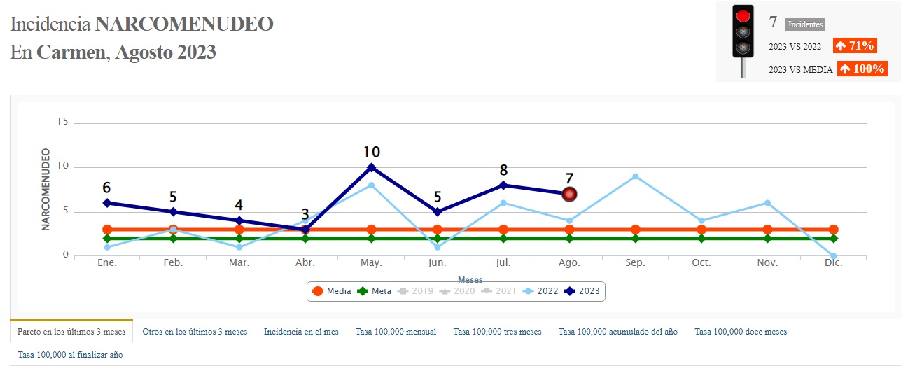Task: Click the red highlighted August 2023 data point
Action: coord(569,194)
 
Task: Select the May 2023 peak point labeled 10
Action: coord(371,167)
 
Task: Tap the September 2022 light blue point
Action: coord(635,176)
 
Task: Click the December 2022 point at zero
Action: coord(833,256)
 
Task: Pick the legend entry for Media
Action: coord(331,291)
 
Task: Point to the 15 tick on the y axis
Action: coord(62,122)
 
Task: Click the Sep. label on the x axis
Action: coord(635,263)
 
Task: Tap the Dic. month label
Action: coord(833,263)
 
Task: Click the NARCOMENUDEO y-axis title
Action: coord(46,189)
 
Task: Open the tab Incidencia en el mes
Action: coord(301,332)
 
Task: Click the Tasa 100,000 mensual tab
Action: coord(396,332)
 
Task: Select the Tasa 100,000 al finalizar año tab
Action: coord(70,355)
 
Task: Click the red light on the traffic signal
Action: coord(743,15)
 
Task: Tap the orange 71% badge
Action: coord(854,46)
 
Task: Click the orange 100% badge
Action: coord(862,69)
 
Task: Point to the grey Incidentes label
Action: coord(805,24)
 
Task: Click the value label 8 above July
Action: coord(503,170)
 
